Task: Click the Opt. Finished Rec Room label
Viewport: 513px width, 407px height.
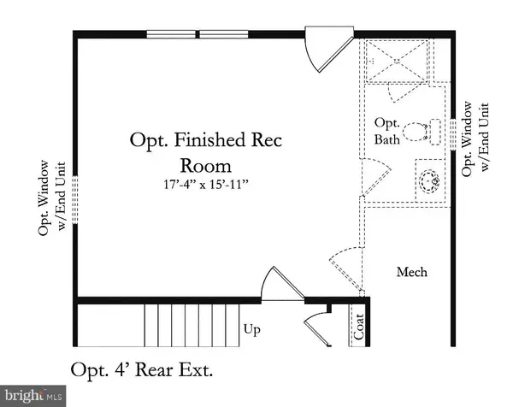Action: pyautogui.click(x=206, y=152)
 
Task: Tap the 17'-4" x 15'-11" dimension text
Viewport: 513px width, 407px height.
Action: pyautogui.click(x=206, y=184)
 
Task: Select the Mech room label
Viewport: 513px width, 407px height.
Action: pyautogui.click(x=412, y=272)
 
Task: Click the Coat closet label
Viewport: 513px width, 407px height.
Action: pyautogui.click(x=359, y=327)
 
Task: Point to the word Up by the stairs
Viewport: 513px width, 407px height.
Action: pyautogui.click(x=252, y=330)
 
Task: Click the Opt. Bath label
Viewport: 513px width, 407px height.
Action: pyautogui.click(x=387, y=131)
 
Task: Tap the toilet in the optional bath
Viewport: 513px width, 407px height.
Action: pyautogui.click(x=422, y=132)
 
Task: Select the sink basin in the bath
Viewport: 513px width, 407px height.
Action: pyautogui.click(x=429, y=181)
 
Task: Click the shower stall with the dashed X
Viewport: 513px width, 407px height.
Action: pyautogui.click(x=397, y=61)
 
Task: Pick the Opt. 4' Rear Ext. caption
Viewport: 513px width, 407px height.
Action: pyautogui.click(x=142, y=370)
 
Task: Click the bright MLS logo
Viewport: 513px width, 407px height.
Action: pyautogui.click(x=33, y=396)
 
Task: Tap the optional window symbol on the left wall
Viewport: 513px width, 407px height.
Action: pyautogui.click(x=75, y=199)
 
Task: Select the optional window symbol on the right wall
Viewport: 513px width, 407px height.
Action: pyautogui.click(x=453, y=134)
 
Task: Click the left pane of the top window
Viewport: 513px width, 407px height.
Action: pyautogui.click(x=171, y=34)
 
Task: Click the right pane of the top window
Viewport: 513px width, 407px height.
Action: pyautogui.click(x=224, y=34)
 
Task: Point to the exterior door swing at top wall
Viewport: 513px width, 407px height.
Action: pyautogui.click(x=329, y=49)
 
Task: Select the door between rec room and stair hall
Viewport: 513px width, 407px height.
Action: pyautogui.click(x=283, y=284)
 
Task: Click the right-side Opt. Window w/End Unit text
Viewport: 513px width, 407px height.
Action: pyautogui.click(x=475, y=139)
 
